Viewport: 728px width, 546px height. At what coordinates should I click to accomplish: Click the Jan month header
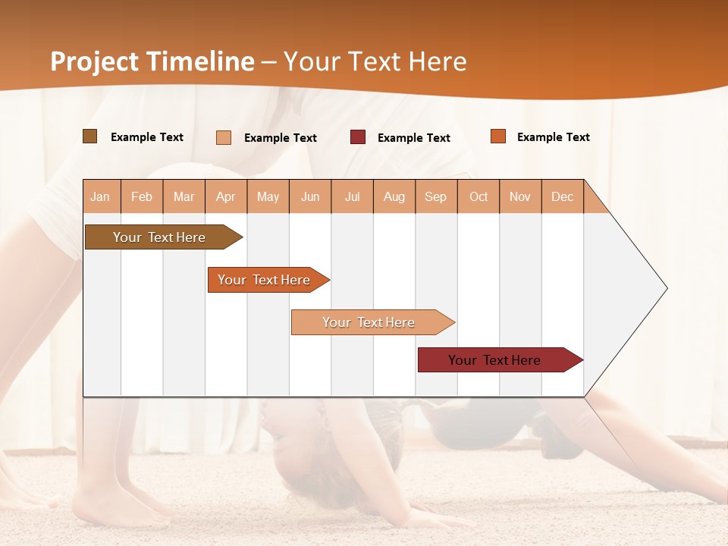(100, 196)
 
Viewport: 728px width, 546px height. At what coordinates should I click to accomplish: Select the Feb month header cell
(142, 196)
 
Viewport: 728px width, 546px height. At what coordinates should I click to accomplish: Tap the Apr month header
(226, 196)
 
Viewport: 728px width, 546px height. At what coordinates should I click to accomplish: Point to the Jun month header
(310, 196)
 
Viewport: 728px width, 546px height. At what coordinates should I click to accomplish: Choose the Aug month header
(394, 196)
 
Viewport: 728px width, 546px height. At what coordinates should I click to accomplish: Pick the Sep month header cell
(436, 196)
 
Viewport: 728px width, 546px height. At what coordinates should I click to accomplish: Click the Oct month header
(479, 196)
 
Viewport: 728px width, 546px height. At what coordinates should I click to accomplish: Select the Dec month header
(563, 196)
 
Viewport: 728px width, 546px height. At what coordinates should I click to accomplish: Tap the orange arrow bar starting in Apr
(265, 280)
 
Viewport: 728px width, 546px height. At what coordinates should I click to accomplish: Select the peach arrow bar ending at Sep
(370, 322)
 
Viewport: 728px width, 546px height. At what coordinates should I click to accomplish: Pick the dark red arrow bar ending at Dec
(497, 360)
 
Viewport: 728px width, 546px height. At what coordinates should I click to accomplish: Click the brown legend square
(89, 136)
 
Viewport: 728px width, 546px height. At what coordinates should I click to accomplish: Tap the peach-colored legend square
(224, 137)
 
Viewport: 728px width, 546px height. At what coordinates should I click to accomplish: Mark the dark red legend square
(358, 136)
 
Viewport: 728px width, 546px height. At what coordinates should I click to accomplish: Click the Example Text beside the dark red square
(414, 137)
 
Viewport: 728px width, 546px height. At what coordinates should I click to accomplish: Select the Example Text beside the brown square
(147, 136)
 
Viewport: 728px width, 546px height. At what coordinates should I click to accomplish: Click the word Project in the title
(93, 61)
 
